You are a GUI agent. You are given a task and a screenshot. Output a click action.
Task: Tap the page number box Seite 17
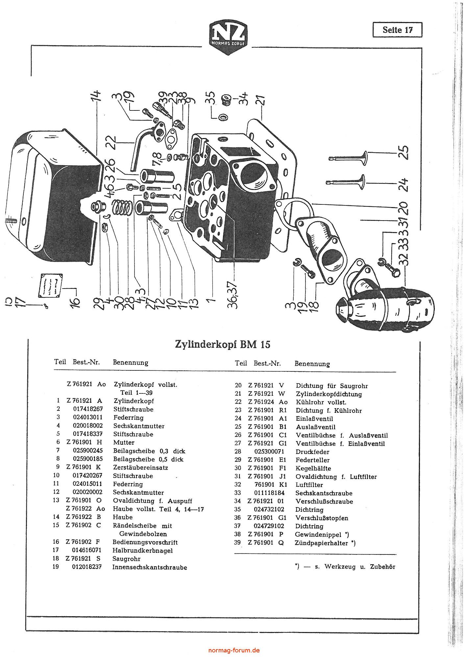tap(397, 30)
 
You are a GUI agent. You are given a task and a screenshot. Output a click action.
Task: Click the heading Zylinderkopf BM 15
tap(223, 344)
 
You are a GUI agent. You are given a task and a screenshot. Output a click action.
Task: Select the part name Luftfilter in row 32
tap(309, 485)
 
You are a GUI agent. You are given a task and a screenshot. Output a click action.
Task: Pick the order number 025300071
tap(269, 452)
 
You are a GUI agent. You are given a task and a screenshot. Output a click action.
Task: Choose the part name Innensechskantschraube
tap(150, 567)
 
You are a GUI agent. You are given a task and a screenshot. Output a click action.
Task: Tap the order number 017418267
tap(88, 409)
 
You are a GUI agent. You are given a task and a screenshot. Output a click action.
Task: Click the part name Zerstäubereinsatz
tap(140, 467)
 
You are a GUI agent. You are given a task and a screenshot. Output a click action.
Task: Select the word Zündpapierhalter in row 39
tap(321, 543)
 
